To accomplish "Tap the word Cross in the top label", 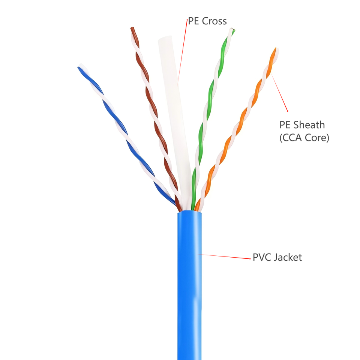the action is point(214,21).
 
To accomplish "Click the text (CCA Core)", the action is point(304,138).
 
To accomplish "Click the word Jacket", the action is point(288,257).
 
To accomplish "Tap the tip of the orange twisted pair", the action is point(276,49).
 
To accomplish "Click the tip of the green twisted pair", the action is point(232,30).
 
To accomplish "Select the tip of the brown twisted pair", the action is point(132,28).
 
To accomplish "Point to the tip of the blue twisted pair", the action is point(79,68).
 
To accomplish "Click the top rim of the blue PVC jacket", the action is point(189,212).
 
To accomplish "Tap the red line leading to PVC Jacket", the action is point(225,256).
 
